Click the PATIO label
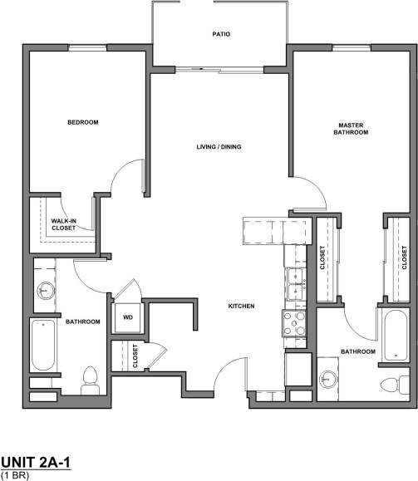point(220,34)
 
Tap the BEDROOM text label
point(83,122)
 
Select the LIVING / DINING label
point(219,147)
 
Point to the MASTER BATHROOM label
point(350,129)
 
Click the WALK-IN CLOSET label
point(64,223)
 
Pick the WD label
point(129,317)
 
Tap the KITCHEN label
point(241,307)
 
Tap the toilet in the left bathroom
point(90,380)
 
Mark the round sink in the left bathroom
point(46,291)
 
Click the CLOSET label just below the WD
point(135,356)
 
